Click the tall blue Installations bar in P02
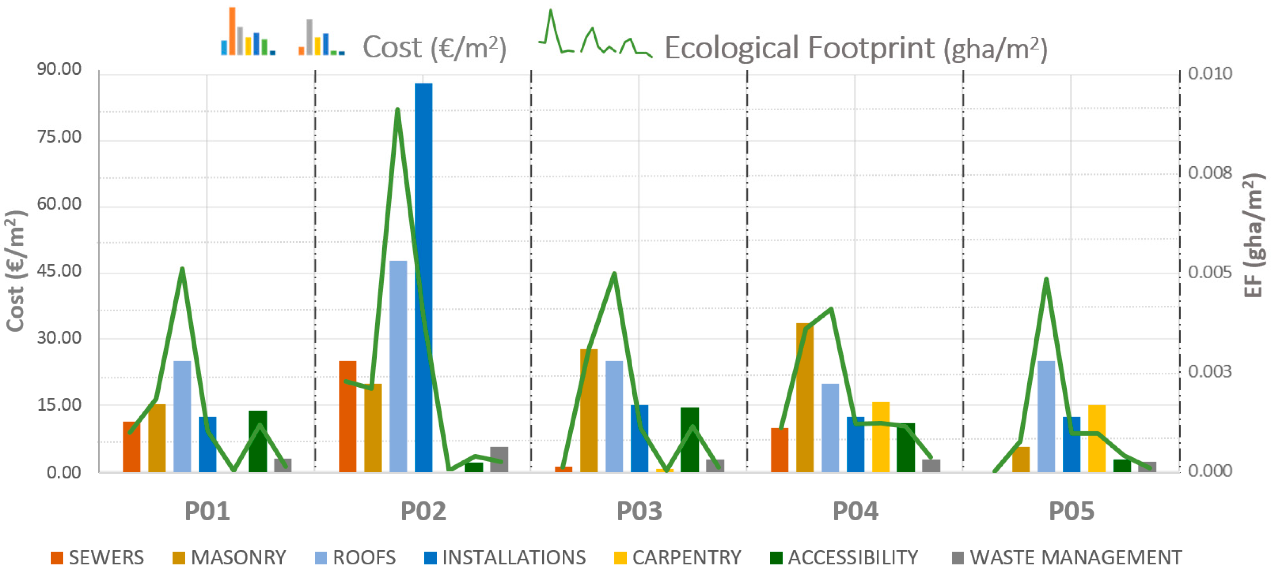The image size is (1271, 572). click(x=423, y=276)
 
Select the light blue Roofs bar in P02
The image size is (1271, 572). click(x=398, y=366)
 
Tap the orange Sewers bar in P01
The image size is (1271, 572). click(x=131, y=447)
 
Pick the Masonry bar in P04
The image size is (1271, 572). click(x=804, y=398)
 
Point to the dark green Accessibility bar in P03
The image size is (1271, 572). click(x=690, y=440)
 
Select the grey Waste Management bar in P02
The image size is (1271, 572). click(x=499, y=459)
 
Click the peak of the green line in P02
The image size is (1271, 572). click(x=397, y=109)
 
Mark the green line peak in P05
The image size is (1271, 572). click(x=1046, y=280)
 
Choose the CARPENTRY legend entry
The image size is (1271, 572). click(x=677, y=557)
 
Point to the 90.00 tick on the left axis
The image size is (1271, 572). click(x=59, y=69)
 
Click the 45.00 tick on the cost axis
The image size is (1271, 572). click(x=59, y=271)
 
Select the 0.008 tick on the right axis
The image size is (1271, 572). click(x=1210, y=173)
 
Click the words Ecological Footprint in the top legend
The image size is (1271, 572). click(x=799, y=48)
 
